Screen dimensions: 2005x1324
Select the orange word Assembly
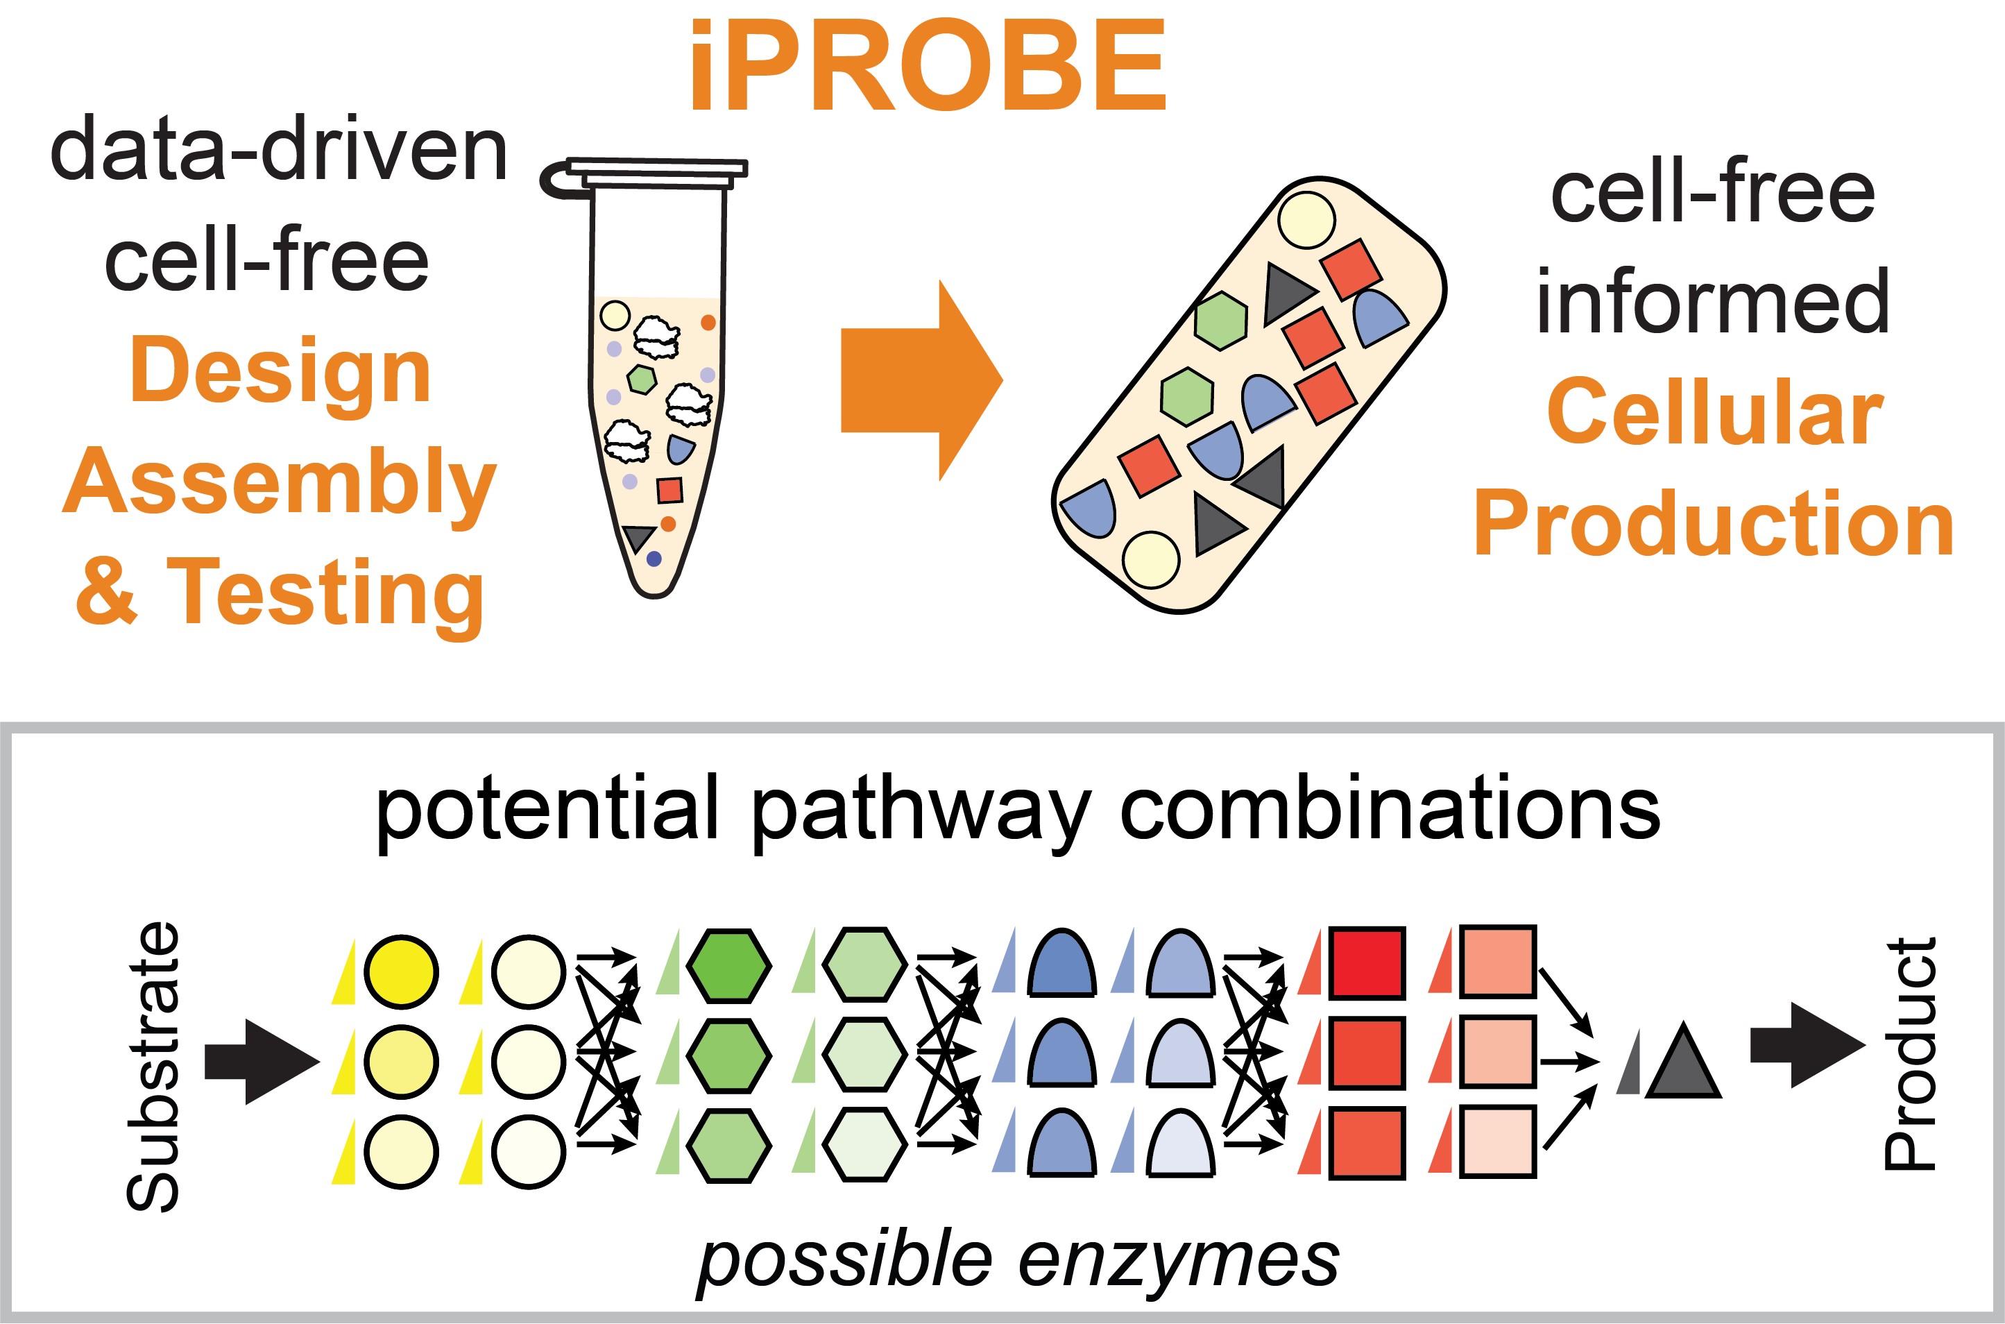click(280, 484)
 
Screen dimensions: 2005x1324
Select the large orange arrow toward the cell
click(922, 380)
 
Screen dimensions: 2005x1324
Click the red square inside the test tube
click(669, 490)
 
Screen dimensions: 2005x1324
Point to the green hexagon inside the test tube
click(642, 379)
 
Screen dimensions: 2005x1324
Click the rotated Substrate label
click(153, 1067)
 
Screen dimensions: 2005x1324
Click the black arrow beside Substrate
click(262, 1062)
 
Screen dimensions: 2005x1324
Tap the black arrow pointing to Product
click(1807, 1045)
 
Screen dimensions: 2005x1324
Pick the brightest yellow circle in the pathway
click(402, 971)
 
